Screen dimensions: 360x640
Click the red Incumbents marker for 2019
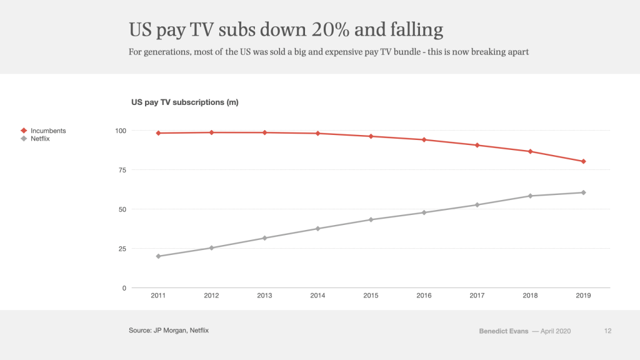coord(583,161)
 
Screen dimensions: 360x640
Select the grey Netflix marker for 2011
coord(158,256)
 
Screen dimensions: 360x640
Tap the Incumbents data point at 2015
coord(371,136)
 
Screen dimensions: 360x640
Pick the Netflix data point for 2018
coord(530,196)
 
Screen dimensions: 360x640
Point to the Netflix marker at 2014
coord(317,229)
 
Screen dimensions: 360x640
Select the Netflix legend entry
coord(40,139)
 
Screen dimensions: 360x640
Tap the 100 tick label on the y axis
coord(119,131)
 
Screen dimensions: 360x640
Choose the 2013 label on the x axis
coord(264,296)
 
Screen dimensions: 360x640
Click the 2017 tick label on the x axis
coord(477,296)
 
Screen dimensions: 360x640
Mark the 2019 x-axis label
coord(583,296)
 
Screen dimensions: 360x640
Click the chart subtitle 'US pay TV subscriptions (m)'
coord(184,102)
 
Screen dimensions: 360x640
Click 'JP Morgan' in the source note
coord(169,329)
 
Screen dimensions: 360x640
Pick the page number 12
coord(608,331)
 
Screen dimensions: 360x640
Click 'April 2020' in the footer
coord(555,331)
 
